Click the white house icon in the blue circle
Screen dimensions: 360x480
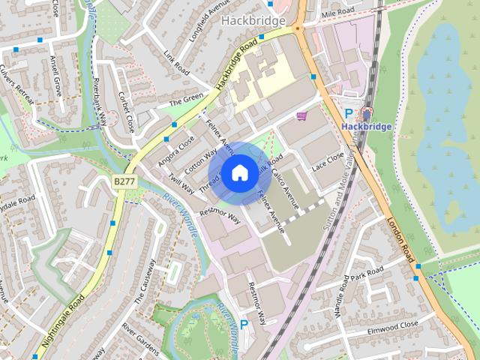239,173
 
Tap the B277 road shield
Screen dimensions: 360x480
124,181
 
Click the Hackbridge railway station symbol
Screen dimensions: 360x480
366,114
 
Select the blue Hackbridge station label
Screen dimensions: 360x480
366,127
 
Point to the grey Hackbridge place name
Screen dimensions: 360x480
253,20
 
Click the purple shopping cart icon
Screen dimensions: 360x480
301,116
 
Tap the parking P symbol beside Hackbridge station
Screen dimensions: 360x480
349,114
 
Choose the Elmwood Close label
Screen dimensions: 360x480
393,325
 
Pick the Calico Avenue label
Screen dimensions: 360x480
286,195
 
